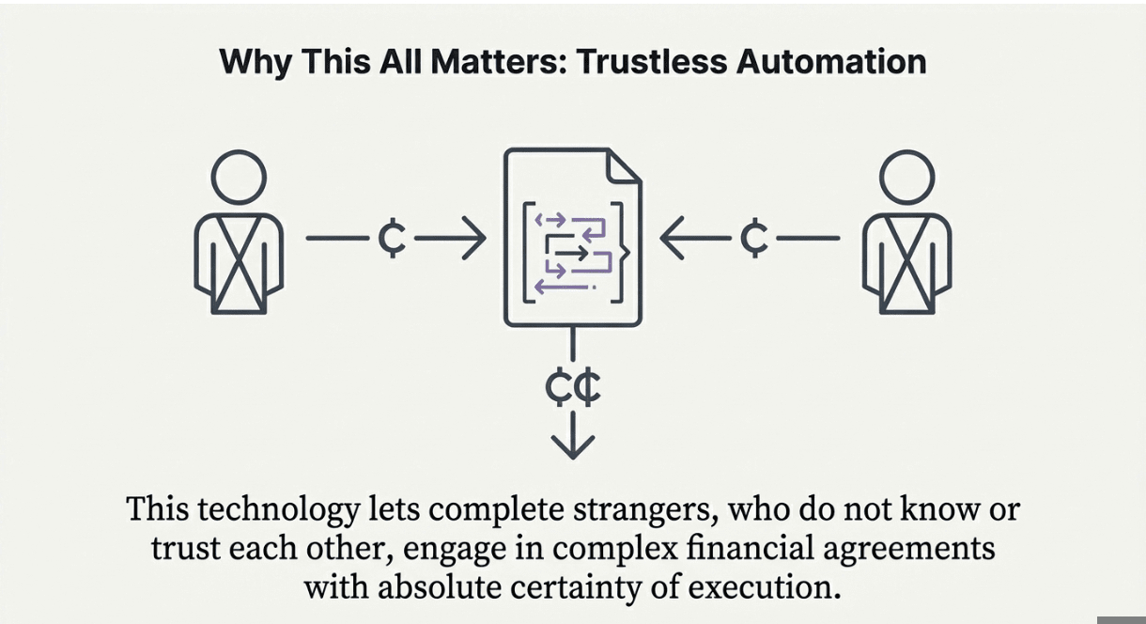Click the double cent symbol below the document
pyautogui.click(x=573, y=388)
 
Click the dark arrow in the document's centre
pyautogui.click(x=570, y=253)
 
